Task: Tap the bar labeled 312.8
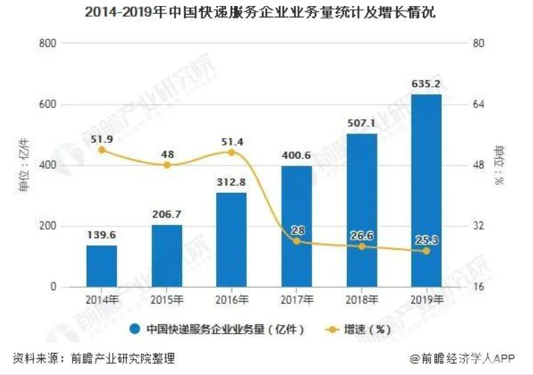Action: (231, 240)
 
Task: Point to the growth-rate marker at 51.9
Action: (101, 150)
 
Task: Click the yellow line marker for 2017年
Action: (296, 240)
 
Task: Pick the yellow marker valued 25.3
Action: (426, 251)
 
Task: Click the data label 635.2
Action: (426, 84)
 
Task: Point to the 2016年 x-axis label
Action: (231, 300)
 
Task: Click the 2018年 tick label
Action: (362, 300)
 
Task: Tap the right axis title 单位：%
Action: (499, 164)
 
